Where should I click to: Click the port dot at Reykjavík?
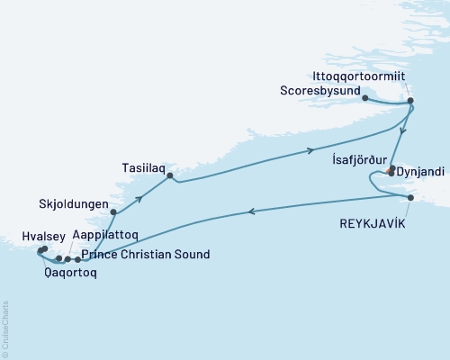(410, 198)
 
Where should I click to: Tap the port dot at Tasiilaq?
(169, 175)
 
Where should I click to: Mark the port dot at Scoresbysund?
(364, 97)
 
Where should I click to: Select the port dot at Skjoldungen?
(113, 213)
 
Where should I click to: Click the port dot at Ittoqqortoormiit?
(409, 101)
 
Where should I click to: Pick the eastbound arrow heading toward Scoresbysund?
(311, 150)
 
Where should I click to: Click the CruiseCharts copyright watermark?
(5, 329)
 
